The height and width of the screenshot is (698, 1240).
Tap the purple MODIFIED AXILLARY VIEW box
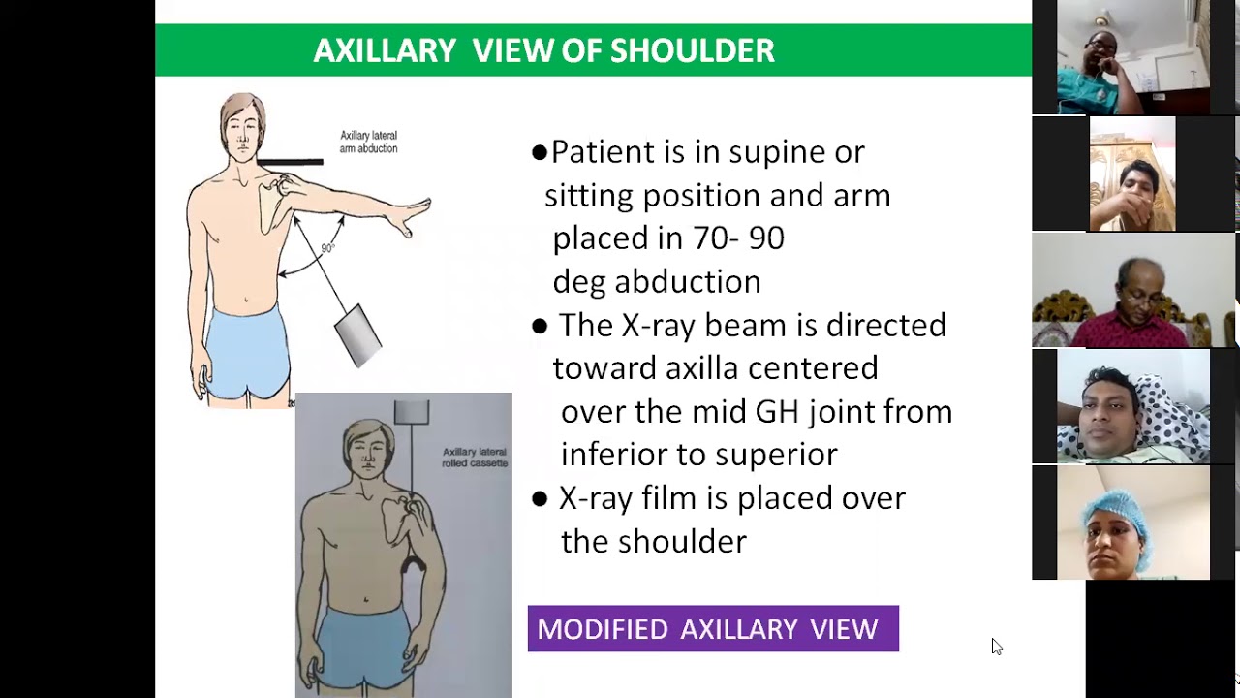[713, 629]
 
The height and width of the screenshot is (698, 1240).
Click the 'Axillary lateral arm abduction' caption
[368, 143]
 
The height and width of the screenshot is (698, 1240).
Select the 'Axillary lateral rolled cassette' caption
[475, 458]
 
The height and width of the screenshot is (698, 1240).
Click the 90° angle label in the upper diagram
[327, 248]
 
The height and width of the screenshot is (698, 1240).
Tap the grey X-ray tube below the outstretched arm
[357, 333]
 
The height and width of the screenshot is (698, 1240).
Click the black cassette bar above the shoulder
[290, 162]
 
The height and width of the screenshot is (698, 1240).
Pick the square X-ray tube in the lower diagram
[412, 411]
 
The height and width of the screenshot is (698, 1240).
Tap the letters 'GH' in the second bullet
[777, 412]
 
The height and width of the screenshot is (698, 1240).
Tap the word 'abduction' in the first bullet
[688, 282]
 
